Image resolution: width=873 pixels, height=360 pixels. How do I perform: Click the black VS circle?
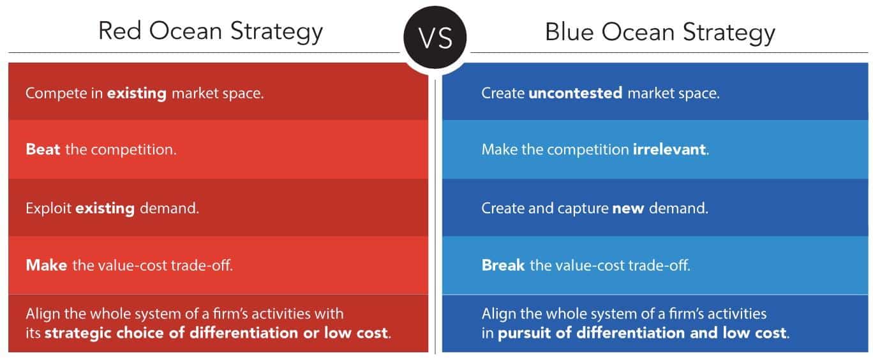(436, 37)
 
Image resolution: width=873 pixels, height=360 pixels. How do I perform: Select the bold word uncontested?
(576, 93)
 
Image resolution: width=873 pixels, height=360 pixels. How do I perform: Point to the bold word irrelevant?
(669, 151)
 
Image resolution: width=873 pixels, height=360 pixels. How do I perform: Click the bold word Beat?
(43, 151)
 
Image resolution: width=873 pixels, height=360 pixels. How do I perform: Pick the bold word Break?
(503, 265)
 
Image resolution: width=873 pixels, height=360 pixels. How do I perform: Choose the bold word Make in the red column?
(47, 265)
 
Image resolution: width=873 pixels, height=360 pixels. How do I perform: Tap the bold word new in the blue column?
(625, 208)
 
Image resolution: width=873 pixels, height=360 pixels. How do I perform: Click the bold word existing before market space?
(137, 93)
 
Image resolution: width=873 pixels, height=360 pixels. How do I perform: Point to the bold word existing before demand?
(105, 208)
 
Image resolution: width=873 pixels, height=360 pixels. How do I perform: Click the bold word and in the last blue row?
(696, 333)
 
